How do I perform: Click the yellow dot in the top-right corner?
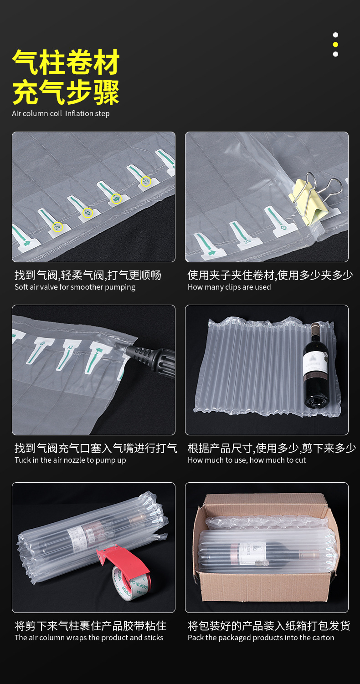pyautogui.click(x=335, y=45)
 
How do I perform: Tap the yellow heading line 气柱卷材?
pyautogui.click(x=66, y=62)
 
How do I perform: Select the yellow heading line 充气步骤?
pyautogui.click(x=66, y=92)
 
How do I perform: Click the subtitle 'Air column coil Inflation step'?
pyautogui.click(x=61, y=113)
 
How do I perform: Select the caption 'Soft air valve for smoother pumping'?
pyautogui.click(x=75, y=287)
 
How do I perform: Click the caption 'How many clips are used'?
pyautogui.click(x=229, y=287)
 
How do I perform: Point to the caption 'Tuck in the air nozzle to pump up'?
pyautogui.click(x=70, y=460)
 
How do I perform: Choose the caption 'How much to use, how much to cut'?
pyautogui.click(x=247, y=460)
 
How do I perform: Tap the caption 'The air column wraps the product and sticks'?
pyautogui.click(x=89, y=638)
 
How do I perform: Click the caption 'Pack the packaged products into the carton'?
pyautogui.click(x=261, y=638)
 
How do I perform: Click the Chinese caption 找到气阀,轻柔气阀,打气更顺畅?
pyautogui.click(x=88, y=275)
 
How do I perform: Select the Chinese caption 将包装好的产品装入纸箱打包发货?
pyautogui.click(x=269, y=626)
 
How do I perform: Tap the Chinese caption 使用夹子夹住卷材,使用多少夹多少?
pyautogui.click(x=271, y=275)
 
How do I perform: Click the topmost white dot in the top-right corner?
pyautogui.click(x=335, y=35)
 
